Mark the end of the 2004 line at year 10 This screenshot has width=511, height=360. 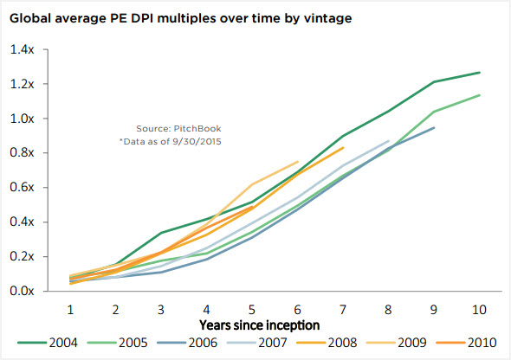[x=479, y=73]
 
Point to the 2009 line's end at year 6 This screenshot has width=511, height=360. [x=298, y=162]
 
